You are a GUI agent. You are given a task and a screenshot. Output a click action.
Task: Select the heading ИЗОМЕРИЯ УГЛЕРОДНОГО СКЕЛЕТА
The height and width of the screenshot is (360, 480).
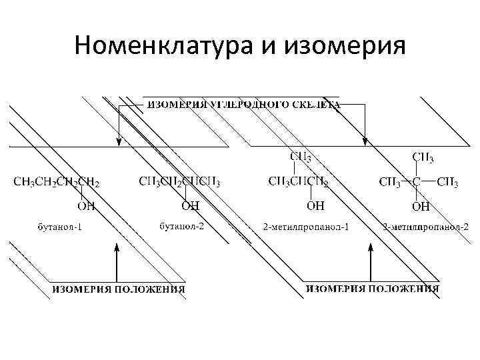pos(243,105)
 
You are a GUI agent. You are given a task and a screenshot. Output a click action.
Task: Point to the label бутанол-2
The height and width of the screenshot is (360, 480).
pos(182,226)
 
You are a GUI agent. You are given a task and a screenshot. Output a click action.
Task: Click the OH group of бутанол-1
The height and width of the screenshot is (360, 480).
pos(85,206)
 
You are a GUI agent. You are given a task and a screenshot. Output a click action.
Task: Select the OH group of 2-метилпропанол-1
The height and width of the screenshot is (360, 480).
pos(315,206)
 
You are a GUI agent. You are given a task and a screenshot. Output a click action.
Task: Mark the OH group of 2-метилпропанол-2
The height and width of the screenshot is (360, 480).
pos(421,207)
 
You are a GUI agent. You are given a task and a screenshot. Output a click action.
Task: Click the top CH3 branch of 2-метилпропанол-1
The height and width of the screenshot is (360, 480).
pos(300,157)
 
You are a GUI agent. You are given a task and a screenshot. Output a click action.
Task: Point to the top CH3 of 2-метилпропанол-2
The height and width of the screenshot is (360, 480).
pos(423,158)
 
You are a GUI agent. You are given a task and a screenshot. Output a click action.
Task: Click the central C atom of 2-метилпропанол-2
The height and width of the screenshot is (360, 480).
pos(415,181)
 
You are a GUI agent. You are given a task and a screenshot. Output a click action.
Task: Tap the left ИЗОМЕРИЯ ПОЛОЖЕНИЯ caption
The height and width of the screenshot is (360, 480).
pos(119,289)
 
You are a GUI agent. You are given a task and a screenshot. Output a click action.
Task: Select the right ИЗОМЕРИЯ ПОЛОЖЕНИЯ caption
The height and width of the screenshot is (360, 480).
pos(372,288)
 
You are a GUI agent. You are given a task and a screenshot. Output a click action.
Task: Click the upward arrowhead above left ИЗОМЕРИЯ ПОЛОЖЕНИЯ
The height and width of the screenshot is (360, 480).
pos(117,248)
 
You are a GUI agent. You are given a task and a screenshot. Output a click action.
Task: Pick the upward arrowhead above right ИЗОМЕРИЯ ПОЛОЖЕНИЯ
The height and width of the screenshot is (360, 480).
pos(371,247)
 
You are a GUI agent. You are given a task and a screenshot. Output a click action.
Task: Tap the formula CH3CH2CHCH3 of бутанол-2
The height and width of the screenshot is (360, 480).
pos(179,181)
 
